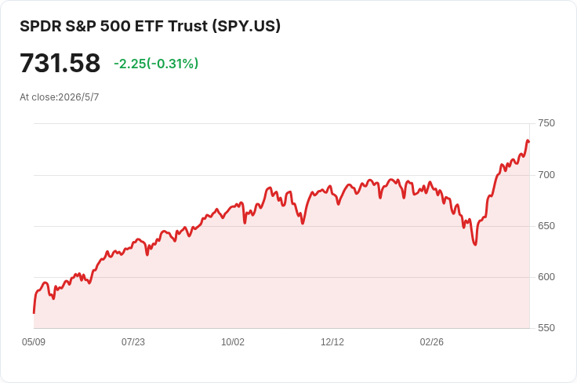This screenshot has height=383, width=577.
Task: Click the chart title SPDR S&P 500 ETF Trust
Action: [x=114, y=26]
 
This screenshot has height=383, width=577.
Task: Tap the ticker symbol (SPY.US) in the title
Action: [x=246, y=26]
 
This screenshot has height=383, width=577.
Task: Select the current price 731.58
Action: [x=60, y=63]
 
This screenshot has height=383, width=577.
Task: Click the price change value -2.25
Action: [x=130, y=64]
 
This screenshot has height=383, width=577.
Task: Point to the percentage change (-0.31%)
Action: [x=172, y=64]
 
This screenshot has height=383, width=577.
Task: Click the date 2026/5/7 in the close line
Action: [x=78, y=97]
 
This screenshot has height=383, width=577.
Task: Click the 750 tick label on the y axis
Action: [x=546, y=123]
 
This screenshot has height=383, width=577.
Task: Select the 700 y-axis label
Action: [x=546, y=174]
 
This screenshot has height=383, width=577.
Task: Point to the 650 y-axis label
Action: [x=546, y=226]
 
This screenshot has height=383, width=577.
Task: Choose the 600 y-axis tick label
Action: [x=546, y=276]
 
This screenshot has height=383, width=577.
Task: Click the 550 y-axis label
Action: [x=546, y=328]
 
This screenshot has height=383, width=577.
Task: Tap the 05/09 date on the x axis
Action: [x=34, y=342]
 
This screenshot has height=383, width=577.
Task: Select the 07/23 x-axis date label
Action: [x=133, y=342]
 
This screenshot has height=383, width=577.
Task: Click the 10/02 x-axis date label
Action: [x=233, y=342]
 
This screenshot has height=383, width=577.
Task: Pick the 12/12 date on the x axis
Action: [x=332, y=342]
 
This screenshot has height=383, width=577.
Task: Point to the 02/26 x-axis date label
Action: [x=432, y=342]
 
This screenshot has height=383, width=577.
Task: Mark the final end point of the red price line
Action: [x=529, y=141]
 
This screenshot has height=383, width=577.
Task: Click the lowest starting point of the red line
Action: [x=34, y=313]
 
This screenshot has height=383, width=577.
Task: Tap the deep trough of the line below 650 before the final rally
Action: [x=475, y=245]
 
